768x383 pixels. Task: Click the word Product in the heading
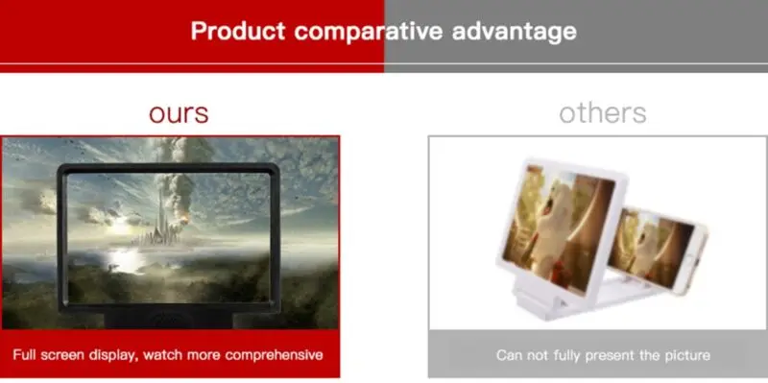point(238,31)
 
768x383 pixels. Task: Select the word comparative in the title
point(369,33)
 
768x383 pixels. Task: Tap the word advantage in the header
point(514,33)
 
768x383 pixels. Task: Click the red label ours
point(179,113)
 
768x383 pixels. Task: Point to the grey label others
point(603,113)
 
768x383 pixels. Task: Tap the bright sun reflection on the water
point(126,259)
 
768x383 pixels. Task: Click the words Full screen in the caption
point(44,354)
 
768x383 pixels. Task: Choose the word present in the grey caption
point(605,355)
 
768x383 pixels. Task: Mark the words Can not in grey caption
point(520,354)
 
